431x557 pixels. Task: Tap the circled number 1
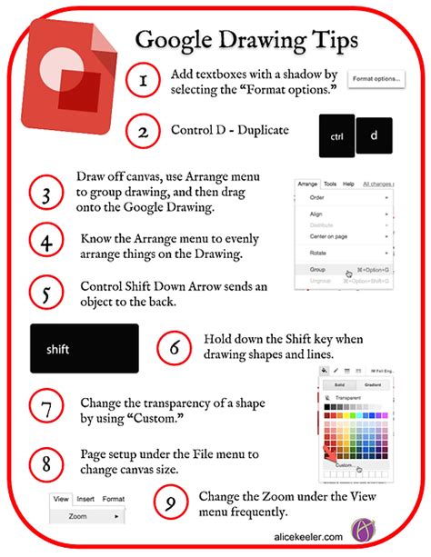point(142,82)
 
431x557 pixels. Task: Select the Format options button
point(376,80)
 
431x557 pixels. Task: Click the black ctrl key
point(336,137)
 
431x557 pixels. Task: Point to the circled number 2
point(142,132)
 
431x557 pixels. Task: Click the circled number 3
point(45,194)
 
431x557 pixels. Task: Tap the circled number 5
point(45,293)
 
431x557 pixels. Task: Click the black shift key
point(84,348)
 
